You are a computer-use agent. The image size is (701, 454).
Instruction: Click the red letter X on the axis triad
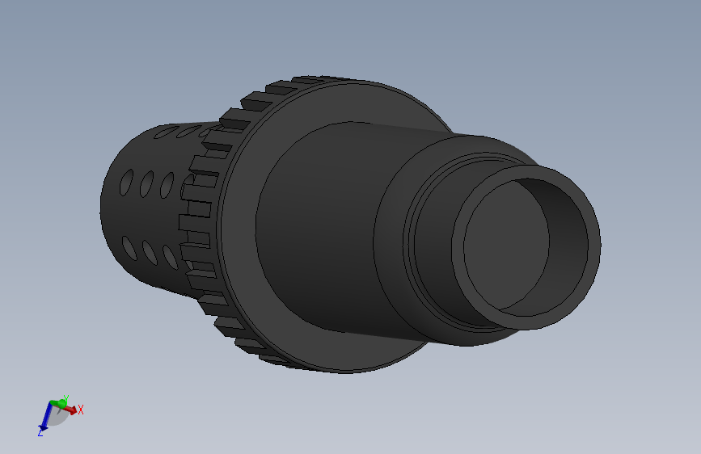[81, 410]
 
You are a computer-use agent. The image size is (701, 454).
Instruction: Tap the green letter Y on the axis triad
[66, 397]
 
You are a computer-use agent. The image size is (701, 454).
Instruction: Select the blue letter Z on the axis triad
[40, 434]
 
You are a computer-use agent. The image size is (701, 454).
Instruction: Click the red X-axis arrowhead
[73, 410]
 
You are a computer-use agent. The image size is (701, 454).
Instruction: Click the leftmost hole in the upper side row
[128, 182]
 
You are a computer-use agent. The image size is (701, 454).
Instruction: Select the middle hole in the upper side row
[147, 184]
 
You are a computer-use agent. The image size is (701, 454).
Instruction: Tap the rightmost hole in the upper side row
[167, 186]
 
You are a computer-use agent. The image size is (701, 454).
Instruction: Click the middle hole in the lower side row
[149, 252]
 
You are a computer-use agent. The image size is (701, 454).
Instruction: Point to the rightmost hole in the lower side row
[170, 257]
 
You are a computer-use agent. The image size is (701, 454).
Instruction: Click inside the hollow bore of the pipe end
[501, 242]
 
